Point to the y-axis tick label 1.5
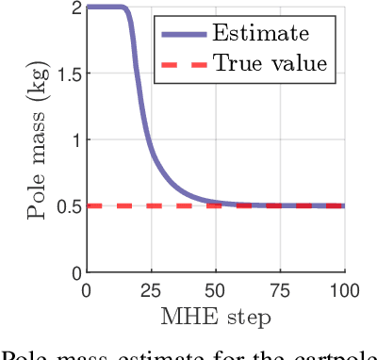pos(65,74)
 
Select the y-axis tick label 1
pos(73,139)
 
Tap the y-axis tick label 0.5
pos(65,205)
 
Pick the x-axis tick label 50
pos(215,290)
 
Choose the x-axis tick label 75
pos(280,290)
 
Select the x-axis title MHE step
pos(216,315)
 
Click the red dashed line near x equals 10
pos(112,205)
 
